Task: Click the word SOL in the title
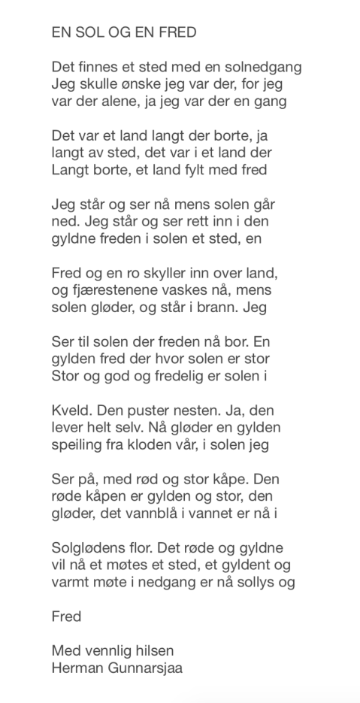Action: pos(87,32)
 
